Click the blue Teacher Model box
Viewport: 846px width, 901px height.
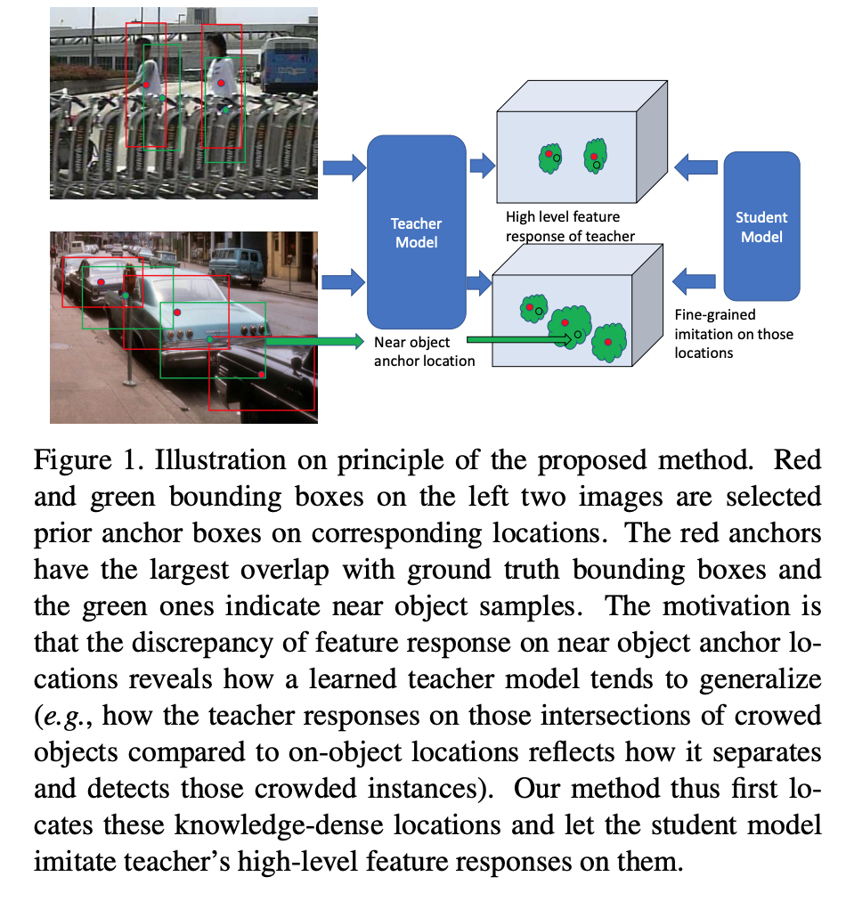[418, 231]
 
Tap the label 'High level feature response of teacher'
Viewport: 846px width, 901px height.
[570, 226]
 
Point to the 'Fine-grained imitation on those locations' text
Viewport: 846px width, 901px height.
[734, 333]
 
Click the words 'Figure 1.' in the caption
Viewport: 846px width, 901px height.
[77, 461]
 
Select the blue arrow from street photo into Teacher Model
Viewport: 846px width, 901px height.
[342, 282]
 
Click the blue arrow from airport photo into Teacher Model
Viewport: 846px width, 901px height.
[342, 166]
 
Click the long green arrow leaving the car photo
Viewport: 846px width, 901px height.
[312, 341]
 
